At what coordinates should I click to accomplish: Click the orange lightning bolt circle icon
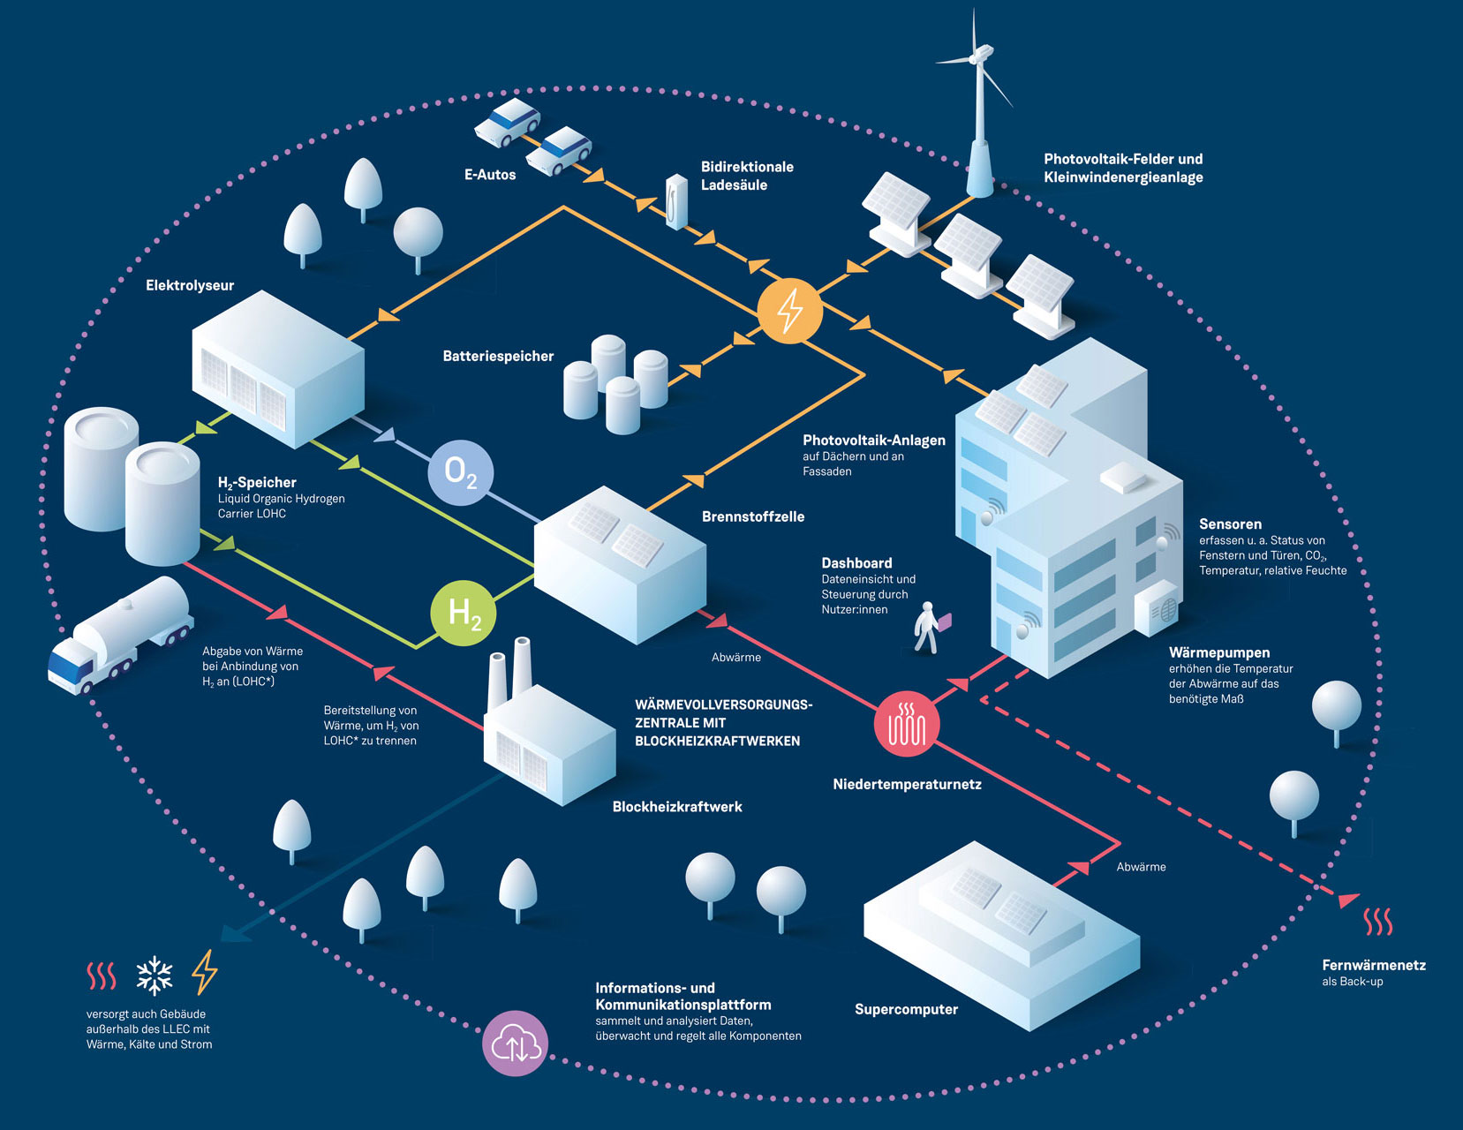tap(789, 311)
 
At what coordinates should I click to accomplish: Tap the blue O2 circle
tap(460, 472)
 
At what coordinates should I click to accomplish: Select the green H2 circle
tap(464, 613)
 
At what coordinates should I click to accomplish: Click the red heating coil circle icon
tap(906, 724)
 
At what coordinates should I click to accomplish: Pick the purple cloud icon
tap(515, 1043)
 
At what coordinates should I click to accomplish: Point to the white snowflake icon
tap(155, 975)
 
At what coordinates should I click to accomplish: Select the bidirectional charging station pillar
tap(676, 201)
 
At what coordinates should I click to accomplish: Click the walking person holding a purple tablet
tap(927, 627)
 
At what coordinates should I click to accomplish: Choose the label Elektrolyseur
tap(190, 285)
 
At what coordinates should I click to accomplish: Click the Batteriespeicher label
tap(498, 356)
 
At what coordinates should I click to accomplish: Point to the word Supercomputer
tap(906, 1009)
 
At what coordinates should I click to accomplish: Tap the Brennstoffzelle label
tap(753, 516)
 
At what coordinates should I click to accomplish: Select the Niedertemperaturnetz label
tap(907, 784)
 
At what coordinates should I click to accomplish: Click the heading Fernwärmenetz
tap(1374, 965)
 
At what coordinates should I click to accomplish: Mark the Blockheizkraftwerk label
tap(677, 807)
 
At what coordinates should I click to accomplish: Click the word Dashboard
tap(856, 563)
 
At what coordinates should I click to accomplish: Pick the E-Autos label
tap(490, 175)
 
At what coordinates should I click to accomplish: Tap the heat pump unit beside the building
tap(1158, 607)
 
